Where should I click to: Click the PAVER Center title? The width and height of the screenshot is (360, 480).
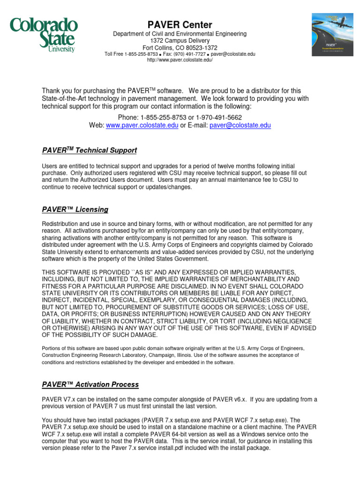point(180,25)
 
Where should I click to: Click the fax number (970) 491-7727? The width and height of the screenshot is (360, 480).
point(189,54)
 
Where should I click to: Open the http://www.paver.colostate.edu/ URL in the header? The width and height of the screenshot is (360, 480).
point(180,60)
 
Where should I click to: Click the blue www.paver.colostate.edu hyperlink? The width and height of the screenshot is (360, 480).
point(142,126)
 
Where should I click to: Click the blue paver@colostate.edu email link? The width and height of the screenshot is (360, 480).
point(240,126)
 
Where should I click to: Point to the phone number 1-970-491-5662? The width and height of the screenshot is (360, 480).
point(219,117)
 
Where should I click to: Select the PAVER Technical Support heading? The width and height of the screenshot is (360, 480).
point(90,150)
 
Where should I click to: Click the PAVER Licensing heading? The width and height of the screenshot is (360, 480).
point(75,210)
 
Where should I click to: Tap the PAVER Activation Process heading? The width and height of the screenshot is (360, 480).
point(90,385)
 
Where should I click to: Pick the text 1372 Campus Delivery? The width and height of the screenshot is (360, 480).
point(180,41)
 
